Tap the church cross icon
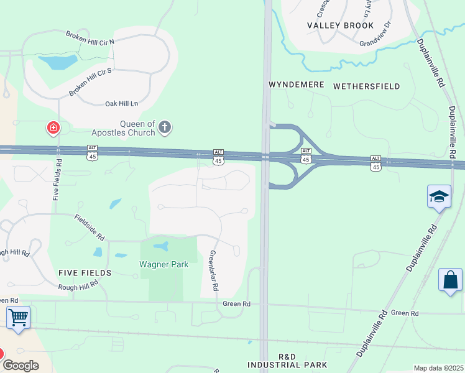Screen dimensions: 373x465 pyautogui.click(x=165, y=127)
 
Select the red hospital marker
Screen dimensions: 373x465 pyautogui.click(x=53, y=129)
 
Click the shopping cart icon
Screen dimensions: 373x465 pyautogui.click(x=18, y=318)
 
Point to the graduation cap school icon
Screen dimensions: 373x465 pyautogui.click(x=439, y=196)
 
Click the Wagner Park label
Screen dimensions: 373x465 pyautogui.click(x=163, y=264)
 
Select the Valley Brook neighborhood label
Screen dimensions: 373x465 pyautogui.click(x=341, y=25)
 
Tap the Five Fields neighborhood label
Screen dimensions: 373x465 pyautogui.click(x=85, y=272)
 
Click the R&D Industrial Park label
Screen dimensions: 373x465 pyautogui.click(x=287, y=361)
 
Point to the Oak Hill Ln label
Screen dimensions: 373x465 pyautogui.click(x=121, y=103)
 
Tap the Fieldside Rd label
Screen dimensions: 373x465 pyautogui.click(x=90, y=228)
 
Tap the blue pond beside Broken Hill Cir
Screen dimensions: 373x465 pyautogui.click(x=58, y=62)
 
